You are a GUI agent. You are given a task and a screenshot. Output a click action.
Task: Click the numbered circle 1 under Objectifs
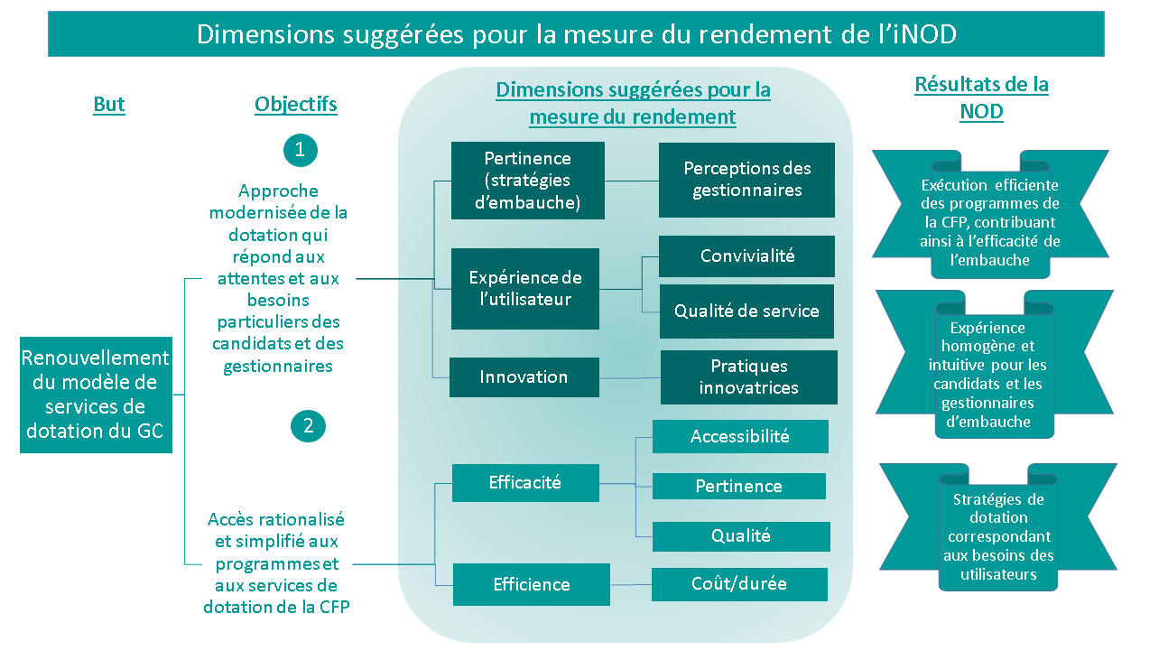pyautogui.click(x=301, y=151)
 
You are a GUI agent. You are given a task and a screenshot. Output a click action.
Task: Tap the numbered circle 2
pyautogui.click(x=308, y=426)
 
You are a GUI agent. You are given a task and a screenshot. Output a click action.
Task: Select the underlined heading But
pyautogui.click(x=109, y=105)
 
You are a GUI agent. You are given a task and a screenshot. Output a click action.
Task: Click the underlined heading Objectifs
pyautogui.click(x=296, y=105)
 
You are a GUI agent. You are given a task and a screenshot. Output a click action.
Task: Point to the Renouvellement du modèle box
pyautogui.click(x=96, y=395)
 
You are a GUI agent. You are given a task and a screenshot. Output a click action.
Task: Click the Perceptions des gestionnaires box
pyautogui.click(x=746, y=180)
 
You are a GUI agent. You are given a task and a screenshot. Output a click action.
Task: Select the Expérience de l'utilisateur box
pyautogui.click(x=525, y=289)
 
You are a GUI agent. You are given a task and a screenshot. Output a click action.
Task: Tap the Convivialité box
pyautogui.click(x=746, y=256)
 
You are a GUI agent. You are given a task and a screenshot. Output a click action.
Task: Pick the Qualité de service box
pyautogui.click(x=746, y=311)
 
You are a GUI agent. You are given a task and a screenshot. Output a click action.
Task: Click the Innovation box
pyautogui.click(x=524, y=377)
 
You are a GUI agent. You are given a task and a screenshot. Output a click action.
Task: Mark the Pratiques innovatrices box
pyautogui.click(x=748, y=377)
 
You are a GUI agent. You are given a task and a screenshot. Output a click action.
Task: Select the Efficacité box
pyautogui.click(x=524, y=483)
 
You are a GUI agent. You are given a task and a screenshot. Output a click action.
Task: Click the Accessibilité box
pyautogui.click(x=739, y=437)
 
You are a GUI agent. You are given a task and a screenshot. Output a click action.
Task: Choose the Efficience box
pyautogui.click(x=531, y=584)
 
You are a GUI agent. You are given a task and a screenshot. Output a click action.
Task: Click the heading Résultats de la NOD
pyautogui.click(x=981, y=98)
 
